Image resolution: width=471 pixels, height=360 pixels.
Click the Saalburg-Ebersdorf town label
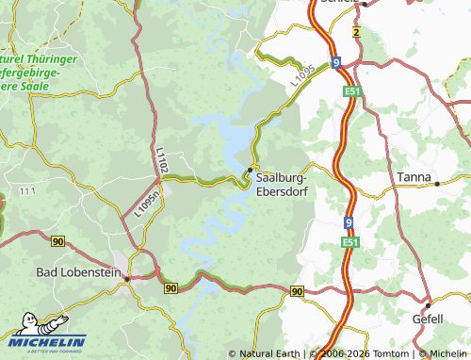click(287, 182)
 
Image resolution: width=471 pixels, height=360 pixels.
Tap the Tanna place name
click(414, 177)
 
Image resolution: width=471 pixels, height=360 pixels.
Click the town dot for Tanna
click(437, 183)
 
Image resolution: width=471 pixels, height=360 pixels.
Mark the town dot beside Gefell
click(427, 306)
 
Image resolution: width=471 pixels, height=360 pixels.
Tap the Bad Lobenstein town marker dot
click(127, 278)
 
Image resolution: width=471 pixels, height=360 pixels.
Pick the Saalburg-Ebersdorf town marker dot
click(249, 170)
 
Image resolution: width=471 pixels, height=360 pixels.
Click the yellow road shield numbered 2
click(357, 32)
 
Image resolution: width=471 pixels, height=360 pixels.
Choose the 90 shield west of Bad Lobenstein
click(58, 242)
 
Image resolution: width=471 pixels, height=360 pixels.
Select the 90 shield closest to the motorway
click(298, 291)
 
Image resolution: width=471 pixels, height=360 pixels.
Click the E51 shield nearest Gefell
click(350, 242)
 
